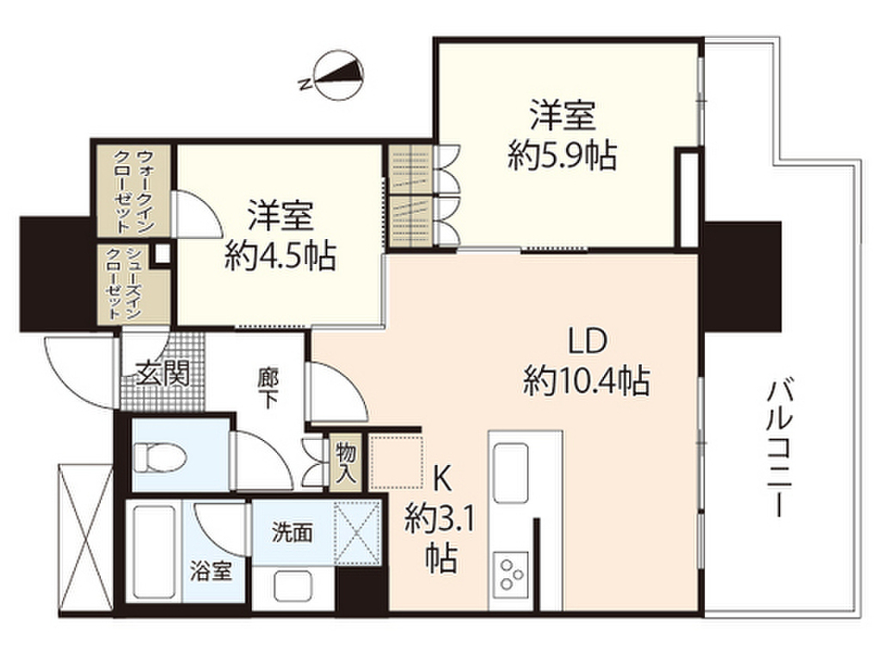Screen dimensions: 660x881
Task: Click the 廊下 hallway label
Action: click(x=268, y=390)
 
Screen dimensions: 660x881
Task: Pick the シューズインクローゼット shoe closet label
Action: click(x=136, y=284)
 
